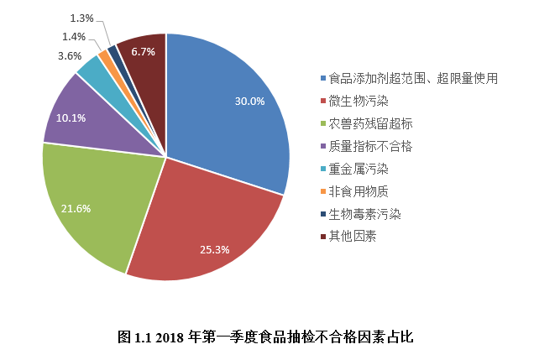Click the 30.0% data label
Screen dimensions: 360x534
coord(249,102)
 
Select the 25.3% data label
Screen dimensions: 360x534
coord(215,250)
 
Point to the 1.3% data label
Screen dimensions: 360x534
coord(81,18)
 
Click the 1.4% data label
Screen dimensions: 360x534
coord(74,36)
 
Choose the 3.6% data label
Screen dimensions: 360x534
coord(69,55)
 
